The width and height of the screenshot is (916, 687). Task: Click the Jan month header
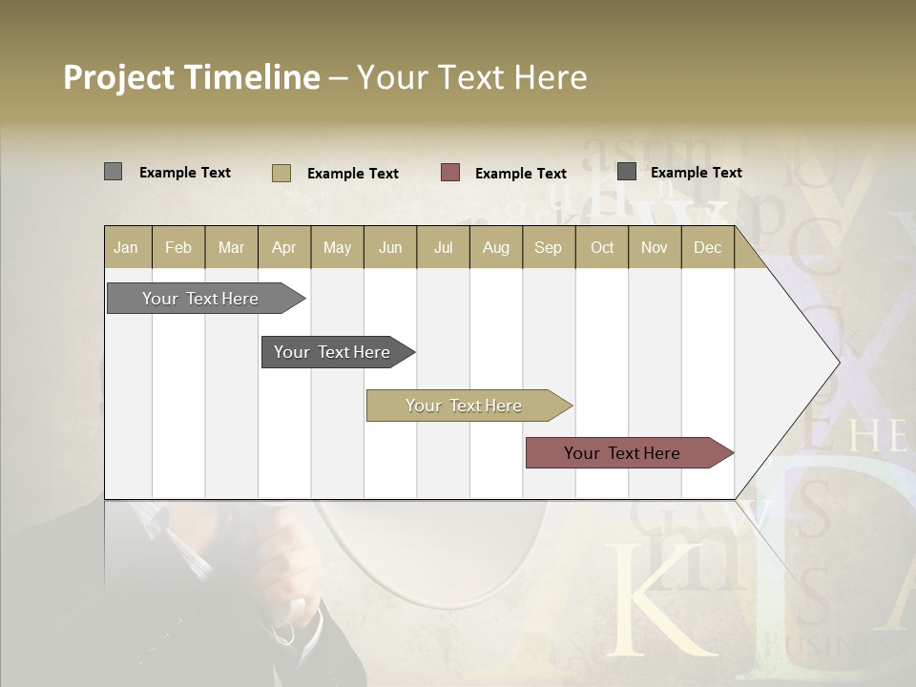coord(127,247)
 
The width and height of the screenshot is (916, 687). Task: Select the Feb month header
coord(178,247)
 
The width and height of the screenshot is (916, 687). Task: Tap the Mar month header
coord(231,247)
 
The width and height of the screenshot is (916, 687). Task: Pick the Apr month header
coord(284,247)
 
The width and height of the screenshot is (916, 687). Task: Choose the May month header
coord(337,247)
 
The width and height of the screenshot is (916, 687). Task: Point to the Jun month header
coord(390,247)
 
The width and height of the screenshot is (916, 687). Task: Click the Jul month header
coord(443,247)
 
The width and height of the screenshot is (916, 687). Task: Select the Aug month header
coord(496,247)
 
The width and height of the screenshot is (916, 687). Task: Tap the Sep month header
coord(549,247)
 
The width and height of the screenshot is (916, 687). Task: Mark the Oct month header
coord(602,247)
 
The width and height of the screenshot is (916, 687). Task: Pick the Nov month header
coord(655,247)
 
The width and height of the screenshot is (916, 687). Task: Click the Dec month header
coord(708,247)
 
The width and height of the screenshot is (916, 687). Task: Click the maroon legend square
coord(450,173)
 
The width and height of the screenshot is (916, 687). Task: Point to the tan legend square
coord(281,173)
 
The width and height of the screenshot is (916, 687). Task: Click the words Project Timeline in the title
coord(192,77)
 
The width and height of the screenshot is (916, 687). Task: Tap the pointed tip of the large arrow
coord(836,362)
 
